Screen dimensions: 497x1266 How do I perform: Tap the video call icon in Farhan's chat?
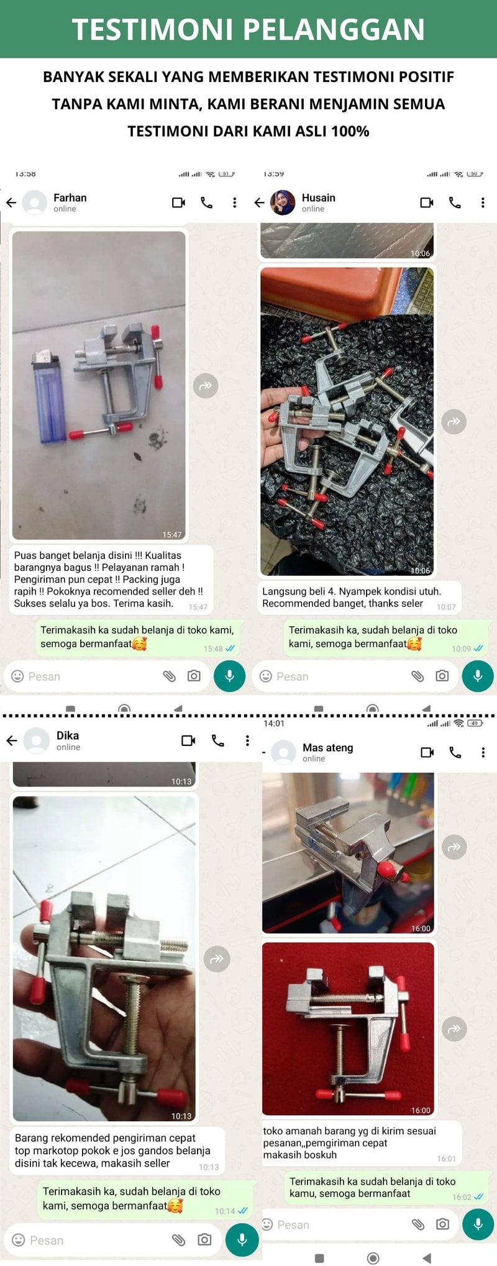click(179, 203)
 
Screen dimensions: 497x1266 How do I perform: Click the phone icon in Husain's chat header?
click(455, 203)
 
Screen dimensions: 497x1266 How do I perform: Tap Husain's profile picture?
click(283, 203)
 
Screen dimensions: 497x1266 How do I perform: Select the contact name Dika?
click(68, 735)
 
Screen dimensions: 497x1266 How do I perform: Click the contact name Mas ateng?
click(327, 747)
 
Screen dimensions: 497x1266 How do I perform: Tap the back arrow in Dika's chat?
click(11, 740)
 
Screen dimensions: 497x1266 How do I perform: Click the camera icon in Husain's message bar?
click(442, 676)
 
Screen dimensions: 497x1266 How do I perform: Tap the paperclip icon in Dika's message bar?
click(178, 1240)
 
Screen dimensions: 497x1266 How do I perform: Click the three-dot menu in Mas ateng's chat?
click(483, 752)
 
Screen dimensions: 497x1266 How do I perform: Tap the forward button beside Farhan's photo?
click(206, 386)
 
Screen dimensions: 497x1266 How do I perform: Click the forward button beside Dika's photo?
click(217, 959)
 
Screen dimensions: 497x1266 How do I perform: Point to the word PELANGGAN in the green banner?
click(334, 29)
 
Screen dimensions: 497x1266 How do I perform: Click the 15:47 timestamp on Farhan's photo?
click(172, 534)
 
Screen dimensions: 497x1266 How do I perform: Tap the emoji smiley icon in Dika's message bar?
click(19, 1240)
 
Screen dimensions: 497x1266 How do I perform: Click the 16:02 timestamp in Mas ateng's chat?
click(462, 1197)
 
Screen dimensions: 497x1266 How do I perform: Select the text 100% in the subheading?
click(350, 131)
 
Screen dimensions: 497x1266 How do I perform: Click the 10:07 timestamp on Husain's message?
click(446, 607)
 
